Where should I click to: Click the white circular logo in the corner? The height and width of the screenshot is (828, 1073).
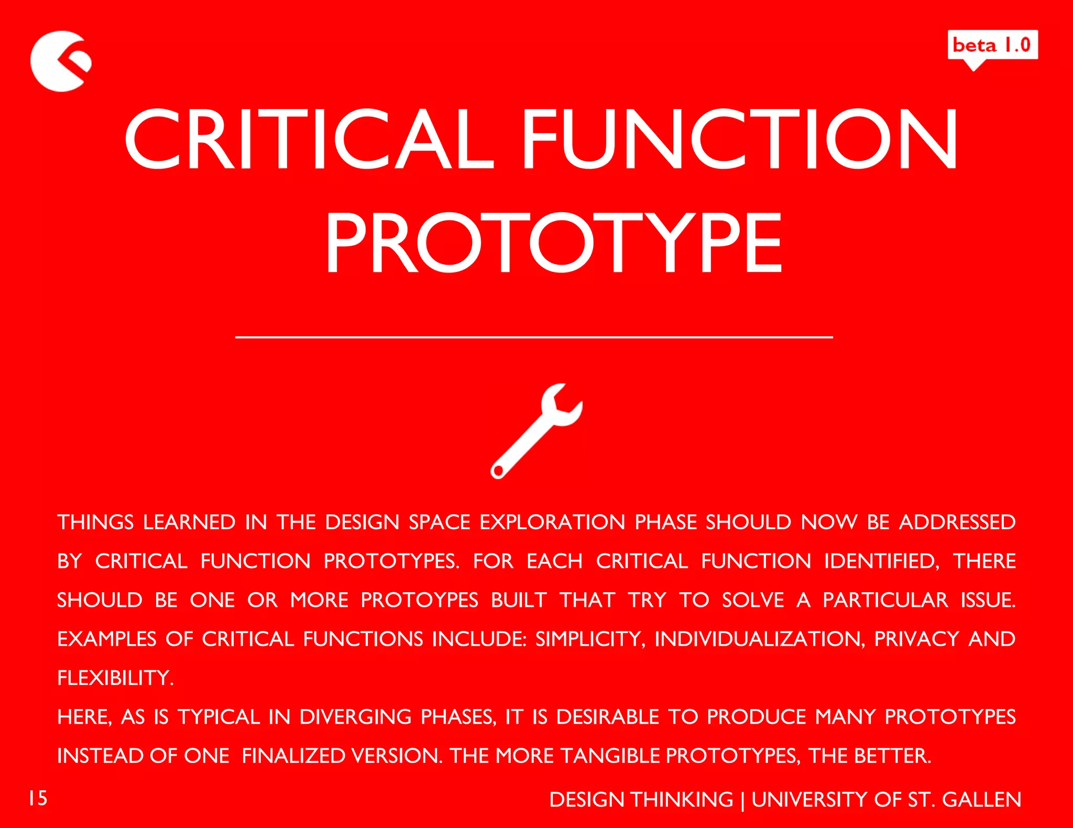[59, 61]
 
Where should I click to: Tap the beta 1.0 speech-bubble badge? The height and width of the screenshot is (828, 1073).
[992, 46]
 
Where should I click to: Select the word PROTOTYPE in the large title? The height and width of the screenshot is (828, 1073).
[553, 243]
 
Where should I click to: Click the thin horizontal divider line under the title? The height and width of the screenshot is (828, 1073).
[534, 337]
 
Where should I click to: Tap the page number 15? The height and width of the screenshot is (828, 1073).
[38, 798]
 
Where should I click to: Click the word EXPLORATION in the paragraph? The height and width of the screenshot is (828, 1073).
[552, 522]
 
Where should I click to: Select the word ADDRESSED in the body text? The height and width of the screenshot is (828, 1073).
[957, 522]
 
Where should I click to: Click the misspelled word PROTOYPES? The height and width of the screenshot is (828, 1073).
[419, 600]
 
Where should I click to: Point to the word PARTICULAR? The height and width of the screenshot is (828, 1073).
[885, 600]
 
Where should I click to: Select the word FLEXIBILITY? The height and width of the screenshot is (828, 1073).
[115, 678]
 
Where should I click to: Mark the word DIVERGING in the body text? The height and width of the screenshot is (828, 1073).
[355, 717]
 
